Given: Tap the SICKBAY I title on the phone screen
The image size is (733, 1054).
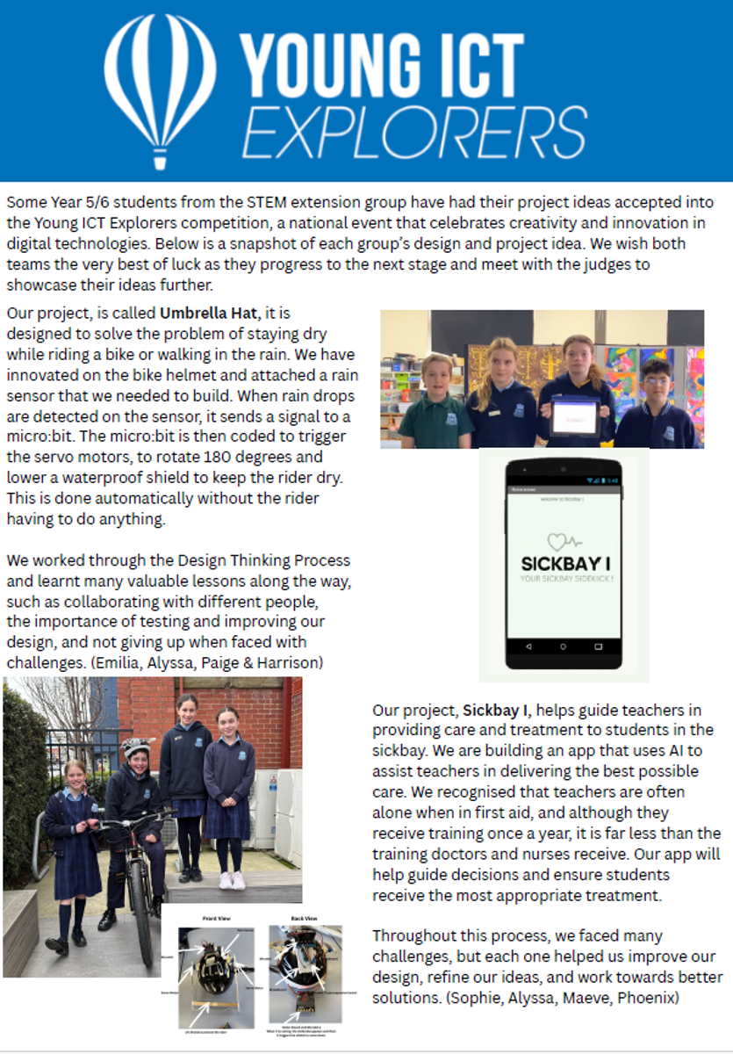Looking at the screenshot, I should [563, 564].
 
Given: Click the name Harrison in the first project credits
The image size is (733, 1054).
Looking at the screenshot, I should [284, 662].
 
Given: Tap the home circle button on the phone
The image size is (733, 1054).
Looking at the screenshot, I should [564, 646].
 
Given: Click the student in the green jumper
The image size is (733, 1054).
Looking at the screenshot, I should [436, 404].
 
